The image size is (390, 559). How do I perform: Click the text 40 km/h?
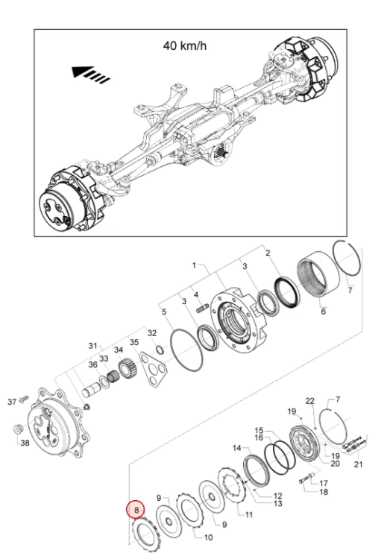coord(184,45)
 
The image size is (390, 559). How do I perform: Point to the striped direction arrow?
coord(91,73)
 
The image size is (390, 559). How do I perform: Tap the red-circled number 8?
coord(136,510)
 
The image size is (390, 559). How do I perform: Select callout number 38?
coord(25,443)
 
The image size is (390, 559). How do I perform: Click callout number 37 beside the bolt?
coord(12,402)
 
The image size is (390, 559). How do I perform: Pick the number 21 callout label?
coord(358,464)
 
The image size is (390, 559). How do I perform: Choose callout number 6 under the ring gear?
coord(324,312)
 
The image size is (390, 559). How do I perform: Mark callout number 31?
coord(92,345)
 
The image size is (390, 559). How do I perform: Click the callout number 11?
coord(249,514)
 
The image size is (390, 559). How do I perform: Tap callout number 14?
coord(237,448)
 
